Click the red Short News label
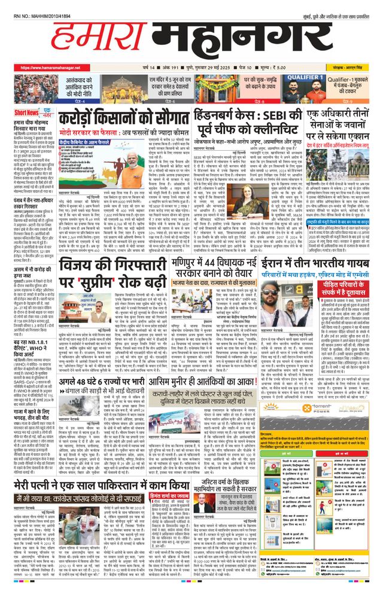(27, 113)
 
